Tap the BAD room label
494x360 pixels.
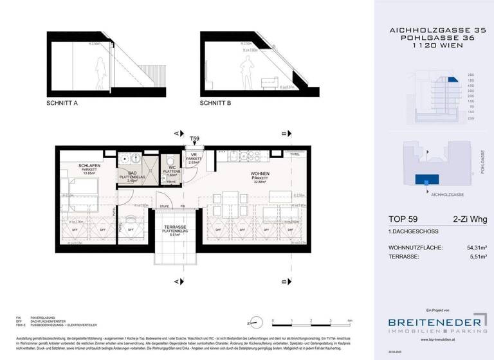(131, 174)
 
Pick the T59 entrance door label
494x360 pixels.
(194, 138)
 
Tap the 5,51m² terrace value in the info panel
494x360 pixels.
(475, 256)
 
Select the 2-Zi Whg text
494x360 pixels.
(469, 220)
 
